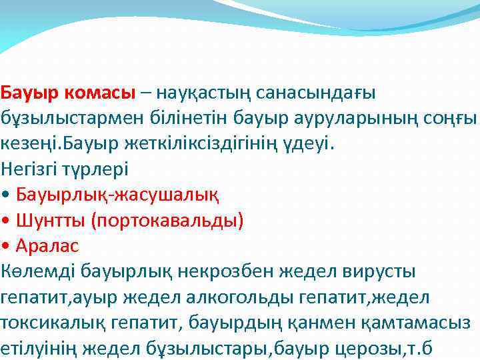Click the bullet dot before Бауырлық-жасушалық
click(x=6, y=195)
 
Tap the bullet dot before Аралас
click(x=6, y=246)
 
